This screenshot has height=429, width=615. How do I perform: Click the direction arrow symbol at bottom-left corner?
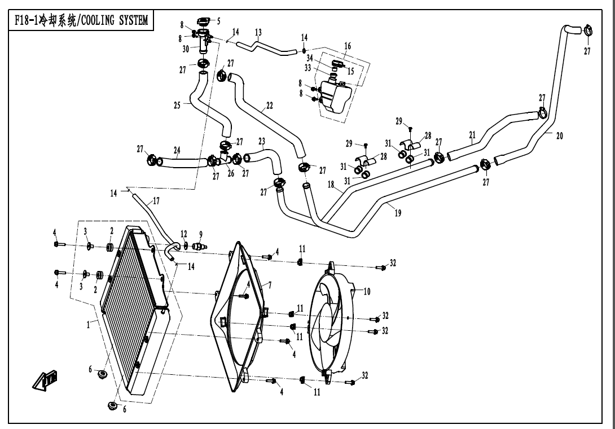[47, 381]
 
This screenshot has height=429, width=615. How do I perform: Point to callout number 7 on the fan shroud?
[270, 286]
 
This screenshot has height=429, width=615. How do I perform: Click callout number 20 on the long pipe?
[559, 135]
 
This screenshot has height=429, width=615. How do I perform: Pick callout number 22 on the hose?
[269, 106]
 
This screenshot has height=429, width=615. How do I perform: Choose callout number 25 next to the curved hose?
[178, 105]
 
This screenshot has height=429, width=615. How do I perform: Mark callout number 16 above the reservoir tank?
[348, 46]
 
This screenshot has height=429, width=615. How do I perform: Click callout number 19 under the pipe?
[398, 214]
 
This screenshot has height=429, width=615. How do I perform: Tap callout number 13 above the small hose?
[258, 33]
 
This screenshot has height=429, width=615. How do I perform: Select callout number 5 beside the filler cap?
[218, 21]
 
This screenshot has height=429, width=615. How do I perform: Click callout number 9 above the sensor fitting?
[200, 234]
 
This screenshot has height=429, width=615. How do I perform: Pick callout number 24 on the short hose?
[177, 151]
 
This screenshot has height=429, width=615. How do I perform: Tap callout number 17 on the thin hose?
[156, 200]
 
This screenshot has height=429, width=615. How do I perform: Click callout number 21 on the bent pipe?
[472, 134]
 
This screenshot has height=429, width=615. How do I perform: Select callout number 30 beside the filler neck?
[186, 49]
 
